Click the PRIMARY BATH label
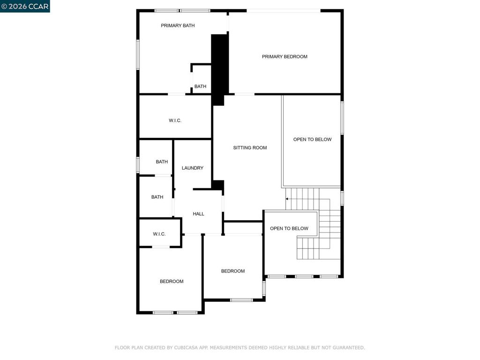[178, 26]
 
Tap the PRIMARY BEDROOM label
[285, 57]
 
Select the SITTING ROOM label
[250, 148]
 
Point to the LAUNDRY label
[192, 168]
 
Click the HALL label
[198, 214]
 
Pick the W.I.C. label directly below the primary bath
[175, 120]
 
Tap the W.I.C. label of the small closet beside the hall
[159, 234]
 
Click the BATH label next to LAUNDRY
[162, 162]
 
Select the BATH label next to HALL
[157, 197]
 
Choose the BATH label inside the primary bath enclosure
[200, 87]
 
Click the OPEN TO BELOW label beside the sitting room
[312, 140]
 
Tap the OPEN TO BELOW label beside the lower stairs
[289, 229]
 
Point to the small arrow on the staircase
[287, 199]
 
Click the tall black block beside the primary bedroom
[219, 69]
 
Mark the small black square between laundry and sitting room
[218, 185]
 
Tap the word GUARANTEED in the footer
[349, 348]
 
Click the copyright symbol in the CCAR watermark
[4, 7]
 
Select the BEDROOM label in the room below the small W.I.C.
[172, 282]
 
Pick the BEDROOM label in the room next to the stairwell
[232, 271]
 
